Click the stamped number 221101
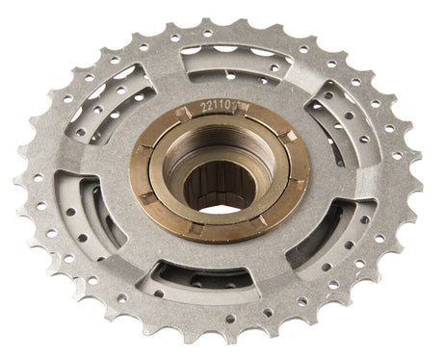pos(221,106)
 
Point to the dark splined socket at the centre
pos(219,186)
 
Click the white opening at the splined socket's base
pos(221,210)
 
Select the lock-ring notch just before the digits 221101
pos(183,113)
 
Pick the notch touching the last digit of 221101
pos(242,108)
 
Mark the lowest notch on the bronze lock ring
pos(196,228)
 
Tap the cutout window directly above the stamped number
pos(237,65)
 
